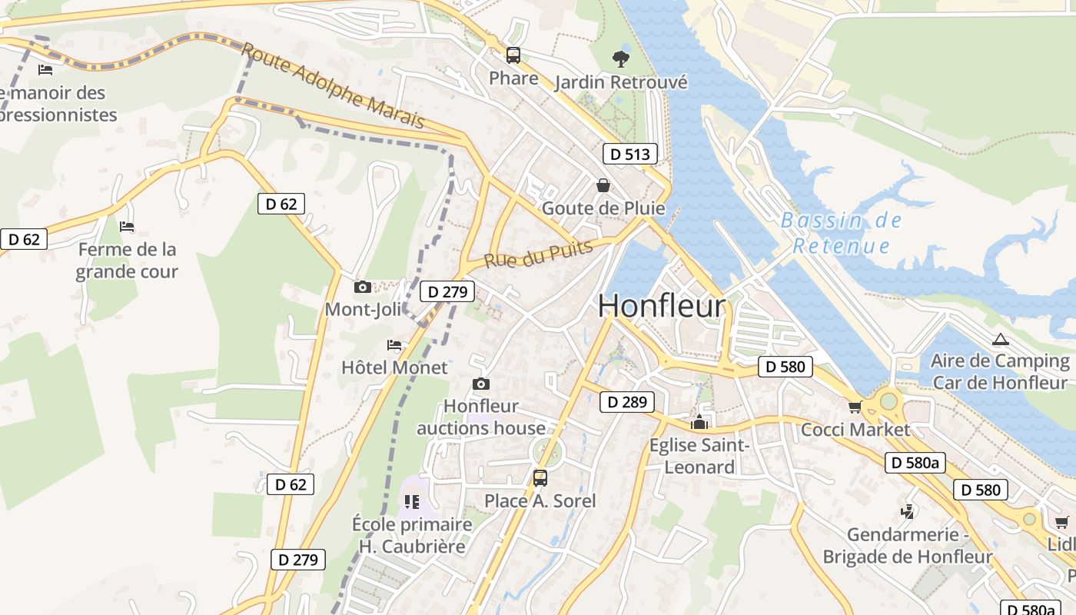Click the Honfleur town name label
pos(661,306)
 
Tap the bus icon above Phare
pos(513,55)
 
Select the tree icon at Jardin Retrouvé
pos(620,58)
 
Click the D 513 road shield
pos(629,154)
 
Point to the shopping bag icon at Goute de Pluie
pos(603,185)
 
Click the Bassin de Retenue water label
pos(841,233)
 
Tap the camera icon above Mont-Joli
pos(362,288)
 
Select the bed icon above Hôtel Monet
pos(394,345)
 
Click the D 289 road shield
pos(626,401)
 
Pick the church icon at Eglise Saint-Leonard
pos(699,422)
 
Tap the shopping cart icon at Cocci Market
pos(855,407)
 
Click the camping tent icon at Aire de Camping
pos(1000,339)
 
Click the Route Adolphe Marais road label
pos(333,85)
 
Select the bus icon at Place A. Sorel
pos(540,478)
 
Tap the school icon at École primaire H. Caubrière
pos(412,502)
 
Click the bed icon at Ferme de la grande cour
pos(127,227)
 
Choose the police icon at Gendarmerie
pos(908,511)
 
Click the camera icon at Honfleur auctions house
pos(481,384)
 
